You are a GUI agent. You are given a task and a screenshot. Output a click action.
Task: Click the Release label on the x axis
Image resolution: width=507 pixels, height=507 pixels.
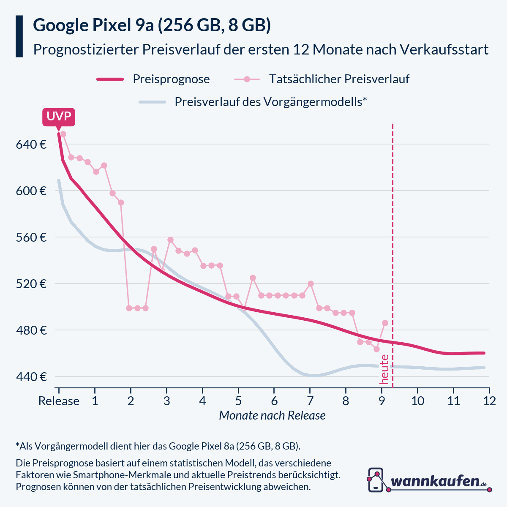coord(59,401)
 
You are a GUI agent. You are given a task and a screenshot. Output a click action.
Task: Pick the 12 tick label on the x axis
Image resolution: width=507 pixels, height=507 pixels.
coord(489,401)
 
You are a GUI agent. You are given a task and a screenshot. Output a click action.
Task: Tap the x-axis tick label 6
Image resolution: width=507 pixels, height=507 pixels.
coord(274,401)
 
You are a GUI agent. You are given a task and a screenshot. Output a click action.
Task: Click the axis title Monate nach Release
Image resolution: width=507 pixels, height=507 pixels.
coord(272,416)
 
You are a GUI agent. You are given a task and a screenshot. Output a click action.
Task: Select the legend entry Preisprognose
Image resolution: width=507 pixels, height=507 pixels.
coord(171,79)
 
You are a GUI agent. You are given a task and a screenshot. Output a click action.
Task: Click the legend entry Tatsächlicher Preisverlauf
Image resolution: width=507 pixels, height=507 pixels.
coord(339,79)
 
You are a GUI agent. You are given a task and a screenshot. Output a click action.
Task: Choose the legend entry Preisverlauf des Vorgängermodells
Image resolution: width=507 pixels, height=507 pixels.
coord(270,102)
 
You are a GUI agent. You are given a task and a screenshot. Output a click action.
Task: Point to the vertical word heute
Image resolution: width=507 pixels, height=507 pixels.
coord(384,369)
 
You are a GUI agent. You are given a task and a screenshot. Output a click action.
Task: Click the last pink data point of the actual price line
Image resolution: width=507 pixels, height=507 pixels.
coord(385,323)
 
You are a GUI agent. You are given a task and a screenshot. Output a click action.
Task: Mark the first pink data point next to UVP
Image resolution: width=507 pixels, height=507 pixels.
coord(63,134)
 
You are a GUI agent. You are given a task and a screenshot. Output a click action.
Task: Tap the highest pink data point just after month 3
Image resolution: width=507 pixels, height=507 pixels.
coord(170,240)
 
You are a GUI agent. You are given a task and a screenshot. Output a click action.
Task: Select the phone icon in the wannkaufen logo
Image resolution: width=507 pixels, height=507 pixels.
coord(376,480)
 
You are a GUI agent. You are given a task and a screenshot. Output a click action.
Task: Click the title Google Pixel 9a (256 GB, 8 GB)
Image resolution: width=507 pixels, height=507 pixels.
coord(152,26)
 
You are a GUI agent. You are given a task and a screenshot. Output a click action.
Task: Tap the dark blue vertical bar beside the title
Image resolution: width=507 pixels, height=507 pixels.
coord(19,36)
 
